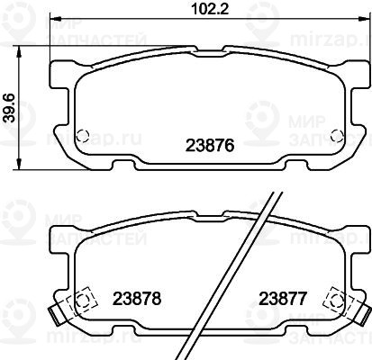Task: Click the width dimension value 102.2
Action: point(210,9)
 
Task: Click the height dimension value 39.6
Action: point(10,108)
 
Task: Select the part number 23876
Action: point(210,146)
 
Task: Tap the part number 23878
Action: point(137,299)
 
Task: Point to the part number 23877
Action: point(283,299)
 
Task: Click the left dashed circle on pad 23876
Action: point(82,137)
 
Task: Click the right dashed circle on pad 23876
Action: point(336,137)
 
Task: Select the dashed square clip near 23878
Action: point(82,301)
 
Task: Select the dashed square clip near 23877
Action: point(337,301)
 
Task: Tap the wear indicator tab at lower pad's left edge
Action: point(55,316)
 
